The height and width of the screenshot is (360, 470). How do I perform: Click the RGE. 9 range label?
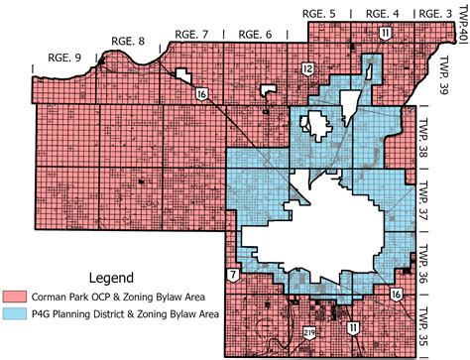(39, 59)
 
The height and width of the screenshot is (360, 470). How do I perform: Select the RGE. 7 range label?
(190, 34)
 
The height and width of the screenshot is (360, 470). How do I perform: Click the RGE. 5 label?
(330, 12)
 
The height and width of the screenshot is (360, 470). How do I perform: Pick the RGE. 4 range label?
(383, 12)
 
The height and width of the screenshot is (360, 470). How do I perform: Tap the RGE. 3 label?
(434, 12)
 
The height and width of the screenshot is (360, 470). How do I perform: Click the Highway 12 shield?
(280, 67)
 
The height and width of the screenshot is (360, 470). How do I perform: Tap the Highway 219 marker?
(308, 332)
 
